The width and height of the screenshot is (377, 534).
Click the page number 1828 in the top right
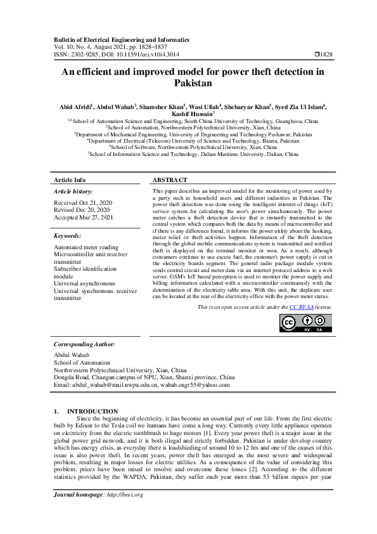coord(324,55)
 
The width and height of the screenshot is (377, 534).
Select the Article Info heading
coord(70,179)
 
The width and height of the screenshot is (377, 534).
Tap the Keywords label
coord(68,235)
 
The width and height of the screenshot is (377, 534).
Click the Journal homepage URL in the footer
coord(121,512)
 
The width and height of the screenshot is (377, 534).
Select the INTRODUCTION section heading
coord(93,411)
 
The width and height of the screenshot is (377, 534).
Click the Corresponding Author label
coord(84,344)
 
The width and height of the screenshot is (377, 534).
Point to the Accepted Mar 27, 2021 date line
coord(83,217)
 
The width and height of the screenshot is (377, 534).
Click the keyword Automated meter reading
coord(86,247)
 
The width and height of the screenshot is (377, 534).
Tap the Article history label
coord(73,191)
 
